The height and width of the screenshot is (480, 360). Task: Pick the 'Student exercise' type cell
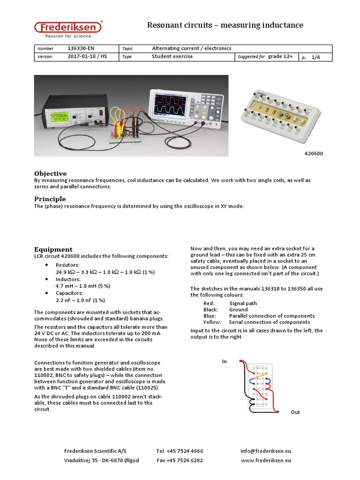(x=172, y=57)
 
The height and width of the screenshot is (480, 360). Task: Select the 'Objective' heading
(x=51, y=173)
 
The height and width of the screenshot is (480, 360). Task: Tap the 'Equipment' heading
(x=53, y=249)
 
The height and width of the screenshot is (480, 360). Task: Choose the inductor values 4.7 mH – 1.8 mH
(x=82, y=285)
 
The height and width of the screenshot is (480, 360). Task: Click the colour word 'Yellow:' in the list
(x=211, y=322)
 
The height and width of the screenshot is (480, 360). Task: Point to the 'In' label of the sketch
(x=225, y=361)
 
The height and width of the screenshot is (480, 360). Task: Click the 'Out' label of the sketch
(x=295, y=412)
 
